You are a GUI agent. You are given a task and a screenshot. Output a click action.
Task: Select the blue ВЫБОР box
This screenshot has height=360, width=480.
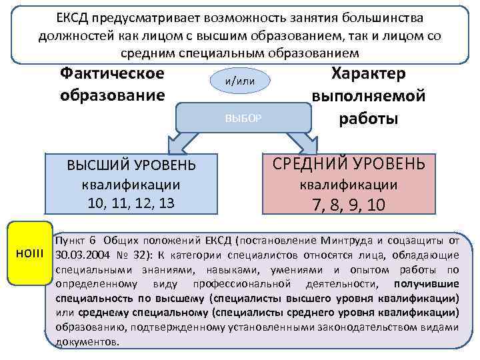click(243, 118)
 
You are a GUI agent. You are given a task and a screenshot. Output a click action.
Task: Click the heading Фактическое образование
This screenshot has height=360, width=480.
click(112, 84)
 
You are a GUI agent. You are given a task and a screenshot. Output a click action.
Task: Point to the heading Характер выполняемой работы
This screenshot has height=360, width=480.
click(369, 96)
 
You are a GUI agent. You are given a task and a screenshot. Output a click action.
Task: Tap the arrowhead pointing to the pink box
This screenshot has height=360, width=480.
click(306, 144)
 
